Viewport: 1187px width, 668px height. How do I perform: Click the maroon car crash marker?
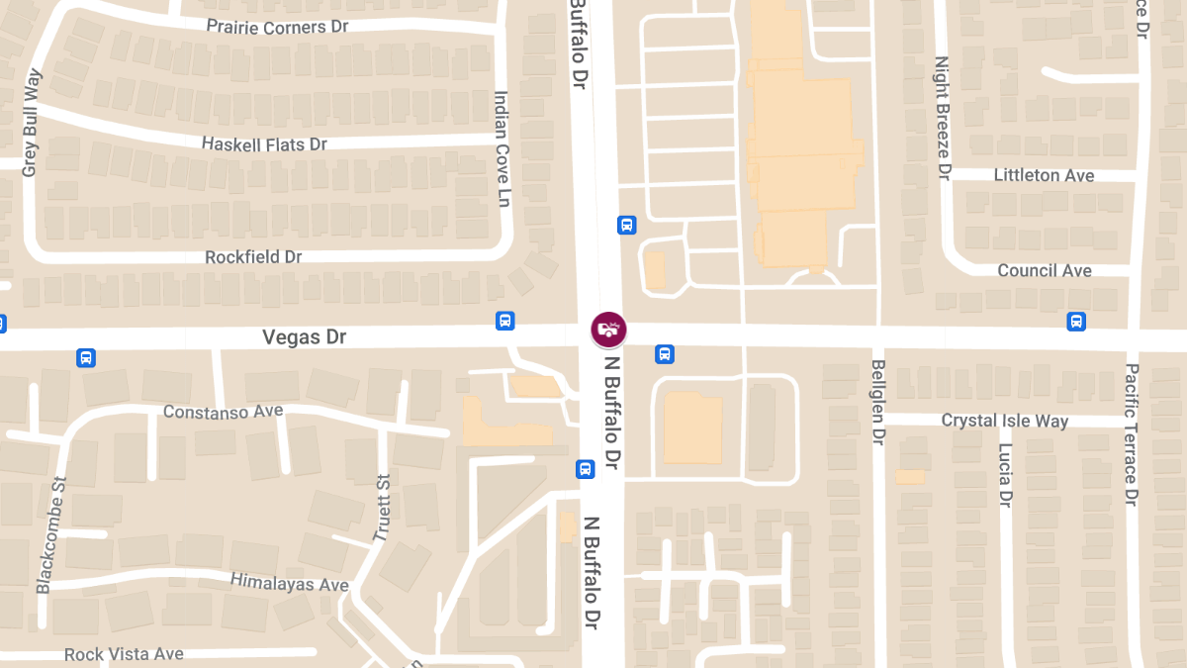pyautogui.click(x=608, y=329)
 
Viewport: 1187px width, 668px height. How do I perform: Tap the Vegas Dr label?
pyautogui.click(x=305, y=337)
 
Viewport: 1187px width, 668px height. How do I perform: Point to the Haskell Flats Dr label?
pyautogui.click(x=264, y=144)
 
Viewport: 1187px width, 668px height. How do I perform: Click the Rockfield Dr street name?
pyautogui.click(x=253, y=257)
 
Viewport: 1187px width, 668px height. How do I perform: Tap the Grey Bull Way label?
pyautogui.click(x=31, y=123)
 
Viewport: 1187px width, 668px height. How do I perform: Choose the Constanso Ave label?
pyautogui.click(x=223, y=411)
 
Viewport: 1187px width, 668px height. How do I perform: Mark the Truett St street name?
pyautogui.click(x=381, y=508)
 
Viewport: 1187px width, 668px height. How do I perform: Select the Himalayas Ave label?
pyautogui.click(x=290, y=582)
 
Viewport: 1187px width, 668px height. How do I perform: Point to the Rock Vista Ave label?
pyautogui.click(x=124, y=654)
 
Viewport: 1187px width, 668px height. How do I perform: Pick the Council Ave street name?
pyautogui.click(x=1045, y=270)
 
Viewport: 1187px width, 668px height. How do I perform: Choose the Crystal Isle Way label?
pyautogui.click(x=1005, y=421)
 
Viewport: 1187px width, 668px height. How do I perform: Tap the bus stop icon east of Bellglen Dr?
pyautogui.click(x=1076, y=321)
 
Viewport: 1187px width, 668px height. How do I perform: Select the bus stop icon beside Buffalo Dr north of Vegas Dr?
pyautogui.click(x=626, y=225)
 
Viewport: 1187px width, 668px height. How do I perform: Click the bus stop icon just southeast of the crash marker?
pyautogui.click(x=665, y=353)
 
